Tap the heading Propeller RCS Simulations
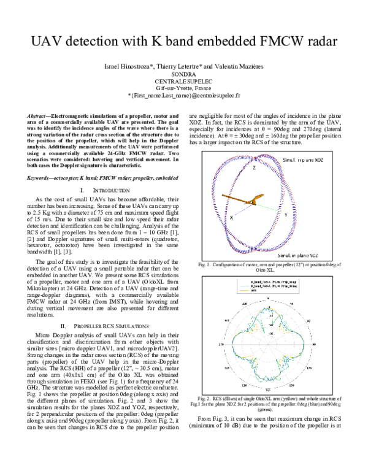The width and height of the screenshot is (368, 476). [x=106, y=325]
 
